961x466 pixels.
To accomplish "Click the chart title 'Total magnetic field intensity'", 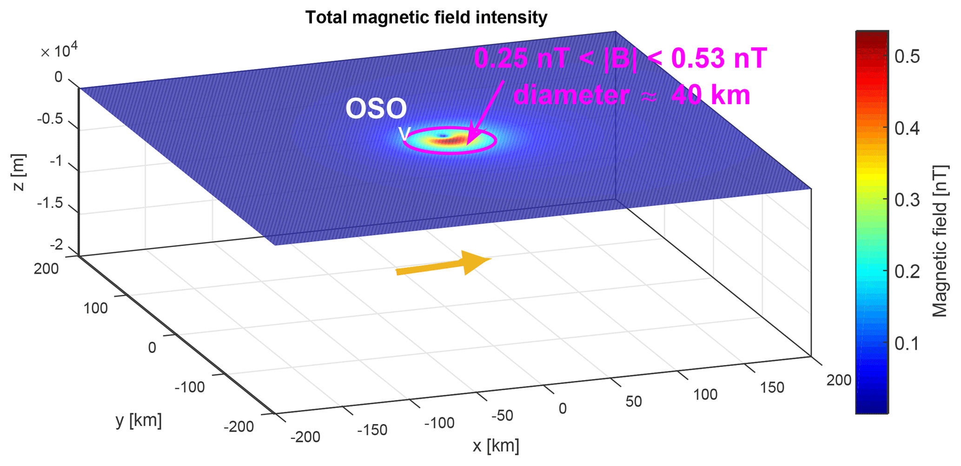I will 426,18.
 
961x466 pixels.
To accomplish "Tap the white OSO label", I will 376,109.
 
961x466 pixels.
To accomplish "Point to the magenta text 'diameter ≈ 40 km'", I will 632,95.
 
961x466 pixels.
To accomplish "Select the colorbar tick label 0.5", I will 907,57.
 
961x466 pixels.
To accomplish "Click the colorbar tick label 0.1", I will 907,344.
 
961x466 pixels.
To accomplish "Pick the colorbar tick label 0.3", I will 907,200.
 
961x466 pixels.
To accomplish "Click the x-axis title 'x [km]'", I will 496,446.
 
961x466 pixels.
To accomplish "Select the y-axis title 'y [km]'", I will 139,420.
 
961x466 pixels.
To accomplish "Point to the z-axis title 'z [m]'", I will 19,173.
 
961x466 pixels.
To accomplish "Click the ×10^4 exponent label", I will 59,51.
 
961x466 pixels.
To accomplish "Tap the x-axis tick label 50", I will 633,401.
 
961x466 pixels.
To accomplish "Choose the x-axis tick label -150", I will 372,430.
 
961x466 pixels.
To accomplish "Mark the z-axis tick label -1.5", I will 50,203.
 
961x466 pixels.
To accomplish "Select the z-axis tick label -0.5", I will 50,119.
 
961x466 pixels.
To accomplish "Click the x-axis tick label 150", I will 772,387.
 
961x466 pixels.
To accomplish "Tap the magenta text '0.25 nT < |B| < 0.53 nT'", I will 620,59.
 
